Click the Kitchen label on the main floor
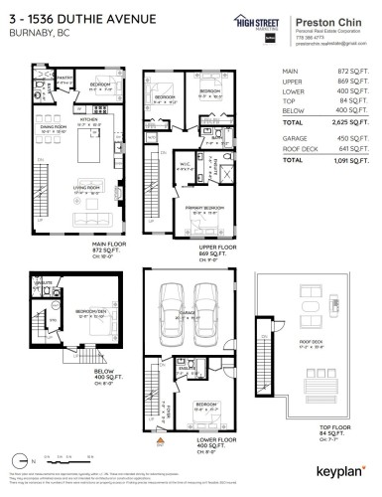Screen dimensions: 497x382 pos(86,118)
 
